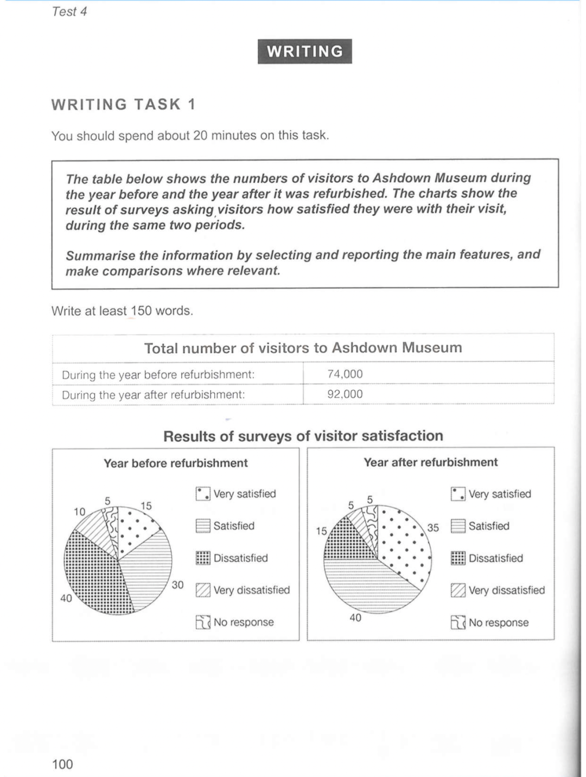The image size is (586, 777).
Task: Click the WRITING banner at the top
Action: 304,52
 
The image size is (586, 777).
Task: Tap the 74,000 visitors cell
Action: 345,374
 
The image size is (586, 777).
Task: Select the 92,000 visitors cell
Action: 345,394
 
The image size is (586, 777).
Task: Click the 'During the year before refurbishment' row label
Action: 158,374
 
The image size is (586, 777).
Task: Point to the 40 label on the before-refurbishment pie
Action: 66,598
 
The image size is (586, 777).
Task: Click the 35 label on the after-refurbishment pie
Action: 432,527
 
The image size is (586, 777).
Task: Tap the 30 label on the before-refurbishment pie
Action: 177,585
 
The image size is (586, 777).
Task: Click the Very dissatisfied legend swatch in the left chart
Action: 203,590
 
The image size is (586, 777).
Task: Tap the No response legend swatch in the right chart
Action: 458,622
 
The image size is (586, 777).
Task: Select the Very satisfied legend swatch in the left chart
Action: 203,494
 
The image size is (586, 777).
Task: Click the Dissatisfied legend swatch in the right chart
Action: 458,558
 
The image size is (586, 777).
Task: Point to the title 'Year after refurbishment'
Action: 430,462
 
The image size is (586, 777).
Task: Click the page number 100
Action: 62,764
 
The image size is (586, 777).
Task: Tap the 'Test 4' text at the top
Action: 69,11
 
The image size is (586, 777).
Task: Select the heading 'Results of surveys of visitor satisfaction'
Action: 303,436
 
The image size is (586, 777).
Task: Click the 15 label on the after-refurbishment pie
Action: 321,531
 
